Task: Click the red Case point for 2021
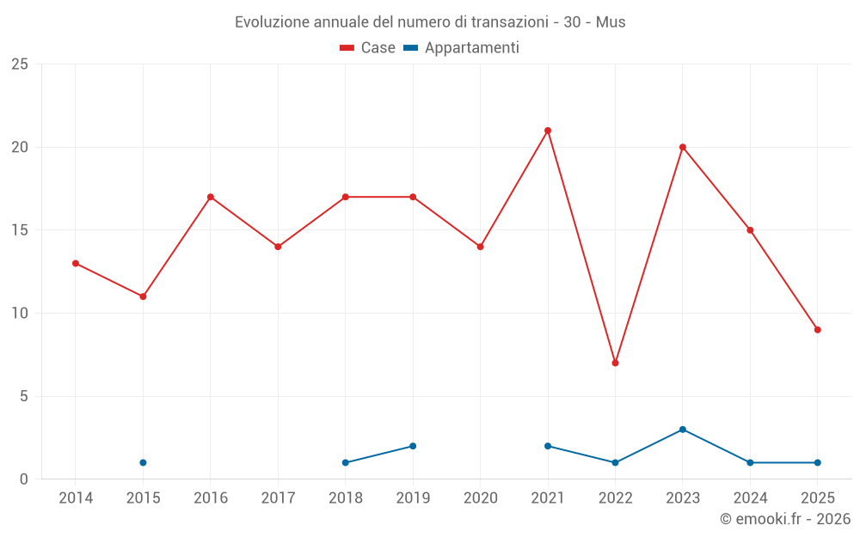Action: tap(548, 131)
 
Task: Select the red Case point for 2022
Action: tap(615, 363)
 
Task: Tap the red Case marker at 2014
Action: tap(76, 263)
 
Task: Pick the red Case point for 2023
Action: tap(683, 147)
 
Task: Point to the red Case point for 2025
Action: tap(818, 330)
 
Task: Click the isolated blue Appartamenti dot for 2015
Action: tap(143, 462)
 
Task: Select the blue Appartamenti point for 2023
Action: tap(683, 430)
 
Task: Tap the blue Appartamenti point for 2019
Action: tap(413, 446)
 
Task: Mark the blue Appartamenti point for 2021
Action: tap(548, 446)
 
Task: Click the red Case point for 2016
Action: tap(211, 197)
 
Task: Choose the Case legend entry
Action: tap(368, 48)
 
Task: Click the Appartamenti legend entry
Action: tap(462, 48)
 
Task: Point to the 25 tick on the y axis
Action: tap(20, 64)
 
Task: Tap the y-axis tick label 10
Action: tap(20, 314)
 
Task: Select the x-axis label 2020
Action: tap(481, 497)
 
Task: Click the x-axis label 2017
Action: tap(278, 497)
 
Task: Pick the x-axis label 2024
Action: tap(750, 497)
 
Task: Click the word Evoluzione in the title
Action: tap(267, 21)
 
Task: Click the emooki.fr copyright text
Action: tap(785, 519)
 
